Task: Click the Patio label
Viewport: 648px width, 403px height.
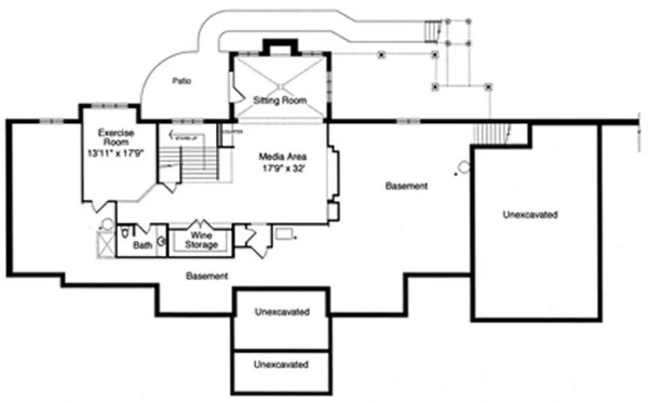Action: (178, 81)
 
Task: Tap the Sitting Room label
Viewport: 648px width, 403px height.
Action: (280, 100)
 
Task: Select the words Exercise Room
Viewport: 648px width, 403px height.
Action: (116, 137)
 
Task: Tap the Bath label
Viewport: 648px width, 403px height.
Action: (143, 246)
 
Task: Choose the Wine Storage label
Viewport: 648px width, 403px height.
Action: (200, 240)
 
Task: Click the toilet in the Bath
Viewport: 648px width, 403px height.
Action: (124, 232)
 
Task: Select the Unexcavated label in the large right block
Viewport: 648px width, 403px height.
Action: (530, 214)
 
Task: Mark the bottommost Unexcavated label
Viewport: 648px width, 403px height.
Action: (282, 365)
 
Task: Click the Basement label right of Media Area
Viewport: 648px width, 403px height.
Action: (407, 186)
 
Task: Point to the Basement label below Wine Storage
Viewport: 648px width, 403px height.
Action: (207, 276)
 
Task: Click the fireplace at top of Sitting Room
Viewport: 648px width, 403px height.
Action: (280, 47)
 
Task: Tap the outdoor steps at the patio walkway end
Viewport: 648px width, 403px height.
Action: (431, 32)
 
